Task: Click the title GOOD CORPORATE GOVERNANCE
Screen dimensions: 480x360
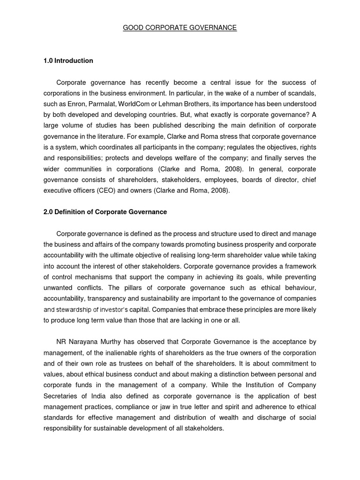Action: [180, 28]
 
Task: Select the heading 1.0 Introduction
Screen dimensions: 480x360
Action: [68, 61]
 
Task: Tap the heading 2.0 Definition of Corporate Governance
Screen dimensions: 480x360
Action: [105, 212]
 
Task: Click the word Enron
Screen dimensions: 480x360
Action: [78, 104]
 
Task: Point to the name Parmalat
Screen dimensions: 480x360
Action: [104, 104]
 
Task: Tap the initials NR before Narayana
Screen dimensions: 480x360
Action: [61, 342]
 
